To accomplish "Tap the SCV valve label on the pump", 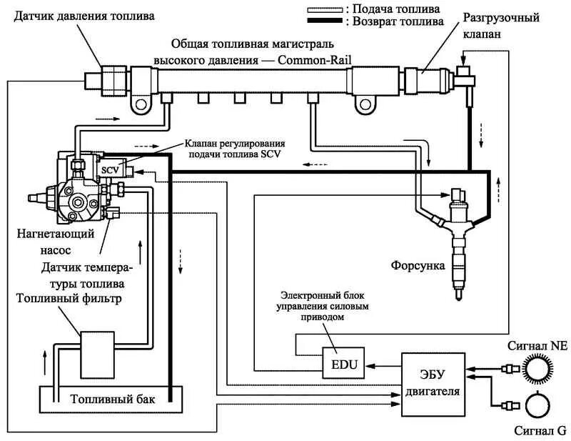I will [109, 169].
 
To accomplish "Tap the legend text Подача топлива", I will [395, 9].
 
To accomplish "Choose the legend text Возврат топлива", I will [397, 22].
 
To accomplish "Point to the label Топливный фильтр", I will [68, 297].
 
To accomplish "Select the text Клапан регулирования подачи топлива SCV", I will [236, 147].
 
